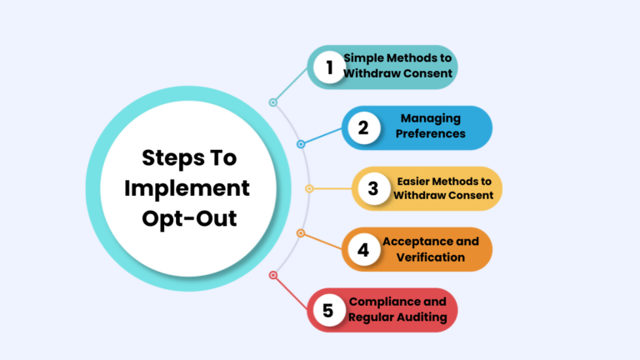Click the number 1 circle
(x=329, y=67)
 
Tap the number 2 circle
(x=363, y=127)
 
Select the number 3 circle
(x=373, y=188)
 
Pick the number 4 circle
(x=363, y=249)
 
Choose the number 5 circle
(x=328, y=310)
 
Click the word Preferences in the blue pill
(x=430, y=133)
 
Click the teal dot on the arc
(x=272, y=102)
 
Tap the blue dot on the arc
(x=301, y=144)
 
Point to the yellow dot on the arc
(x=309, y=188)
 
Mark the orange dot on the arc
(x=301, y=233)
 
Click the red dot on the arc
(x=272, y=275)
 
